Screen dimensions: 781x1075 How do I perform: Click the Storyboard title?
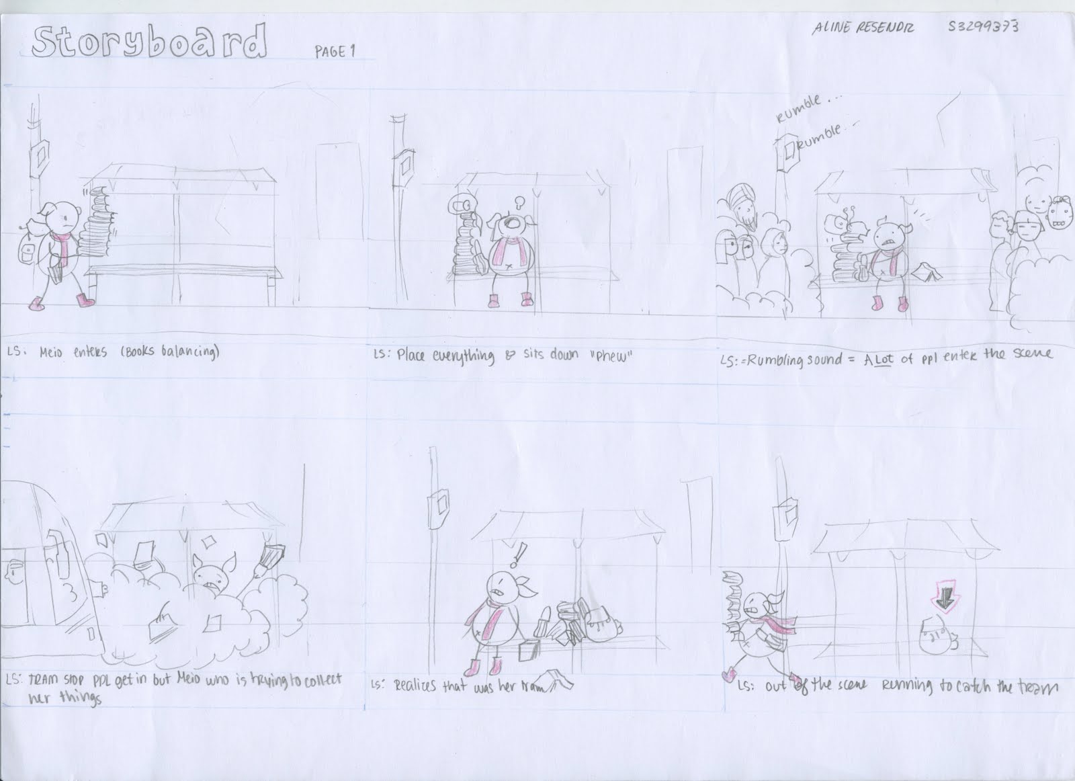pyautogui.click(x=149, y=43)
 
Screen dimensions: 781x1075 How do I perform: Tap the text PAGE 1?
pyautogui.click(x=334, y=52)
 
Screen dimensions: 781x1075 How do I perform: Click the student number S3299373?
pyautogui.click(x=983, y=27)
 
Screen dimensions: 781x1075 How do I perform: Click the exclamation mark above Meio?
pyautogui.click(x=519, y=554)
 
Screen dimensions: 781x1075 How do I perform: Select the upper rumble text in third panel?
pyautogui.click(x=798, y=108)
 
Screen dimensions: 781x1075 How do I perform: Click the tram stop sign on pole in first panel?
pyautogui.click(x=40, y=156)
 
